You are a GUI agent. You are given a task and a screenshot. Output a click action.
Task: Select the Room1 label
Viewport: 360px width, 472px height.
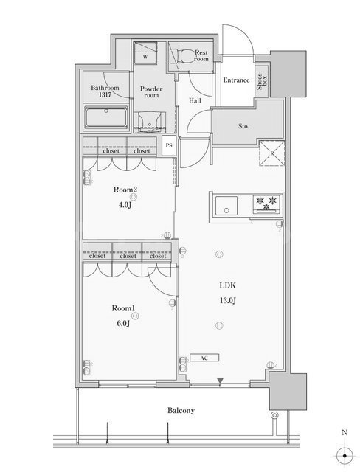click(x=123, y=310)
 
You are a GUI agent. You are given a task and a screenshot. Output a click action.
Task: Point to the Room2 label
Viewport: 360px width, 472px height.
click(x=126, y=190)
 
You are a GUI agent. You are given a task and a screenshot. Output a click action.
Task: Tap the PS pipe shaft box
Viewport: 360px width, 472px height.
click(x=169, y=145)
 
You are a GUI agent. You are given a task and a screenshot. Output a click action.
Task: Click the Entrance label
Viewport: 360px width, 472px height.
click(x=235, y=80)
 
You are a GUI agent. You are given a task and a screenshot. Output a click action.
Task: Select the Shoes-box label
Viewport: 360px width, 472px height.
click(x=262, y=83)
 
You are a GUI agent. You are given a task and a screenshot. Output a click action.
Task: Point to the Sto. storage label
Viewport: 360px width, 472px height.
click(x=243, y=126)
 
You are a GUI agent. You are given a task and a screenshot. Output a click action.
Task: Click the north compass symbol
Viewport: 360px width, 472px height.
click(x=344, y=454)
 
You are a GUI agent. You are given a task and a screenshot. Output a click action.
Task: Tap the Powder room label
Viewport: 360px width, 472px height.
click(x=151, y=91)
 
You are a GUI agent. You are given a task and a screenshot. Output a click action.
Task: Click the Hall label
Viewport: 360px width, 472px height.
click(x=195, y=100)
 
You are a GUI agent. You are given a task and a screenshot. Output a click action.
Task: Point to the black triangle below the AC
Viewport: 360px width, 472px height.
click(x=219, y=381)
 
